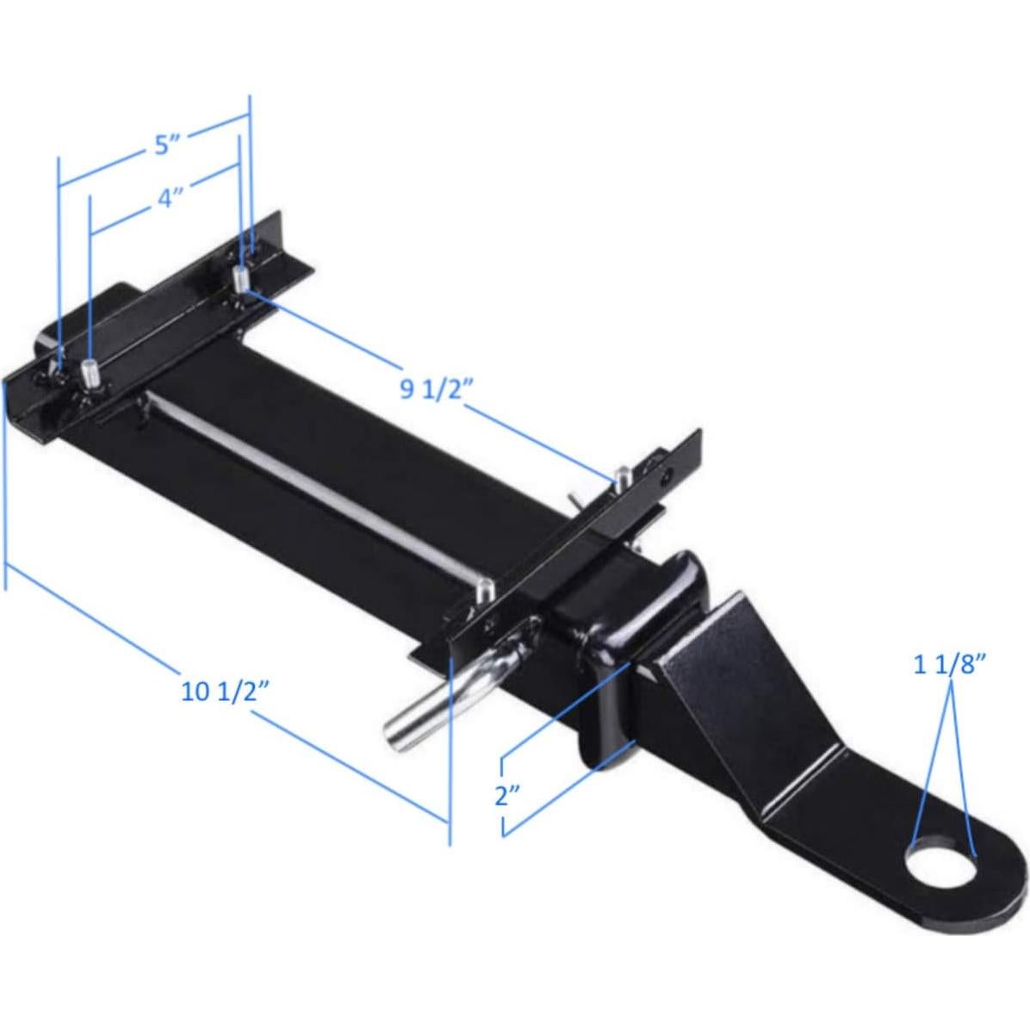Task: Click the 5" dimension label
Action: point(163,146)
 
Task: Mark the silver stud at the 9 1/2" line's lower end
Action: point(620,476)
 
